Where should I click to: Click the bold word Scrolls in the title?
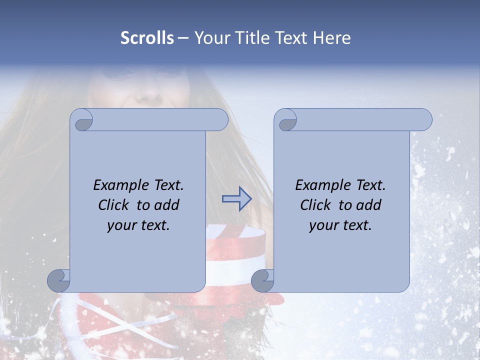(147, 38)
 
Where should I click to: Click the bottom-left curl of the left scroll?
(59, 280)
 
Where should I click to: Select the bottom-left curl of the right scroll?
(263, 280)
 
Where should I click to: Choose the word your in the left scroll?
(122, 225)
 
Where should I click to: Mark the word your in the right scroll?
(324, 225)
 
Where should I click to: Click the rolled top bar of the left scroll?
(160, 119)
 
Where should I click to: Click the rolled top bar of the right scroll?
(364, 119)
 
